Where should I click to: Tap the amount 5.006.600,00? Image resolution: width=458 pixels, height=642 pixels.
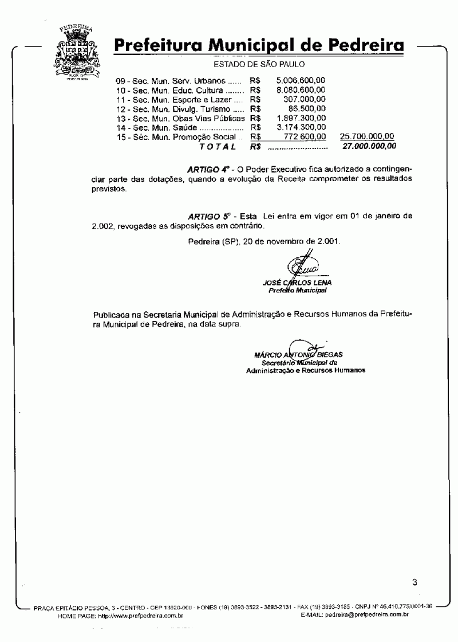click(x=301, y=81)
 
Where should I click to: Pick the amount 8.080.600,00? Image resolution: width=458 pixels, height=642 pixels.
click(x=301, y=91)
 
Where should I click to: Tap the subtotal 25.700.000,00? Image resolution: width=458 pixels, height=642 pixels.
click(x=366, y=136)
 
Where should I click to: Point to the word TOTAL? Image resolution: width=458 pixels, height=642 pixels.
click(x=218, y=147)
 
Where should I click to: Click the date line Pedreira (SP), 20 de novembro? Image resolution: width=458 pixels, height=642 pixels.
click(x=264, y=241)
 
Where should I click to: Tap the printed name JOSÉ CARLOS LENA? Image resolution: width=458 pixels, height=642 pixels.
click(x=297, y=283)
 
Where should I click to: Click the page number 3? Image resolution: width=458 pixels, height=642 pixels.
click(x=414, y=583)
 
